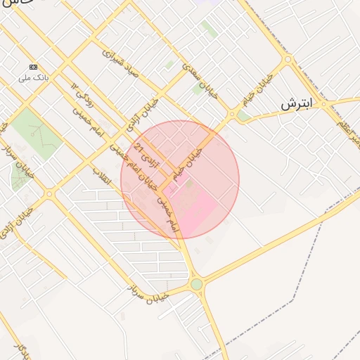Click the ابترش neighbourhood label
[x=295, y=104]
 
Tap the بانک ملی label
[x=34, y=77]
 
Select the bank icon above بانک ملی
[x=33, y=67]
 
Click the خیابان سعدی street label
[x=200, y=81]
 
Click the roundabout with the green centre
[x=196, y=284]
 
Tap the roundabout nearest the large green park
[x=49, y=194]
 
